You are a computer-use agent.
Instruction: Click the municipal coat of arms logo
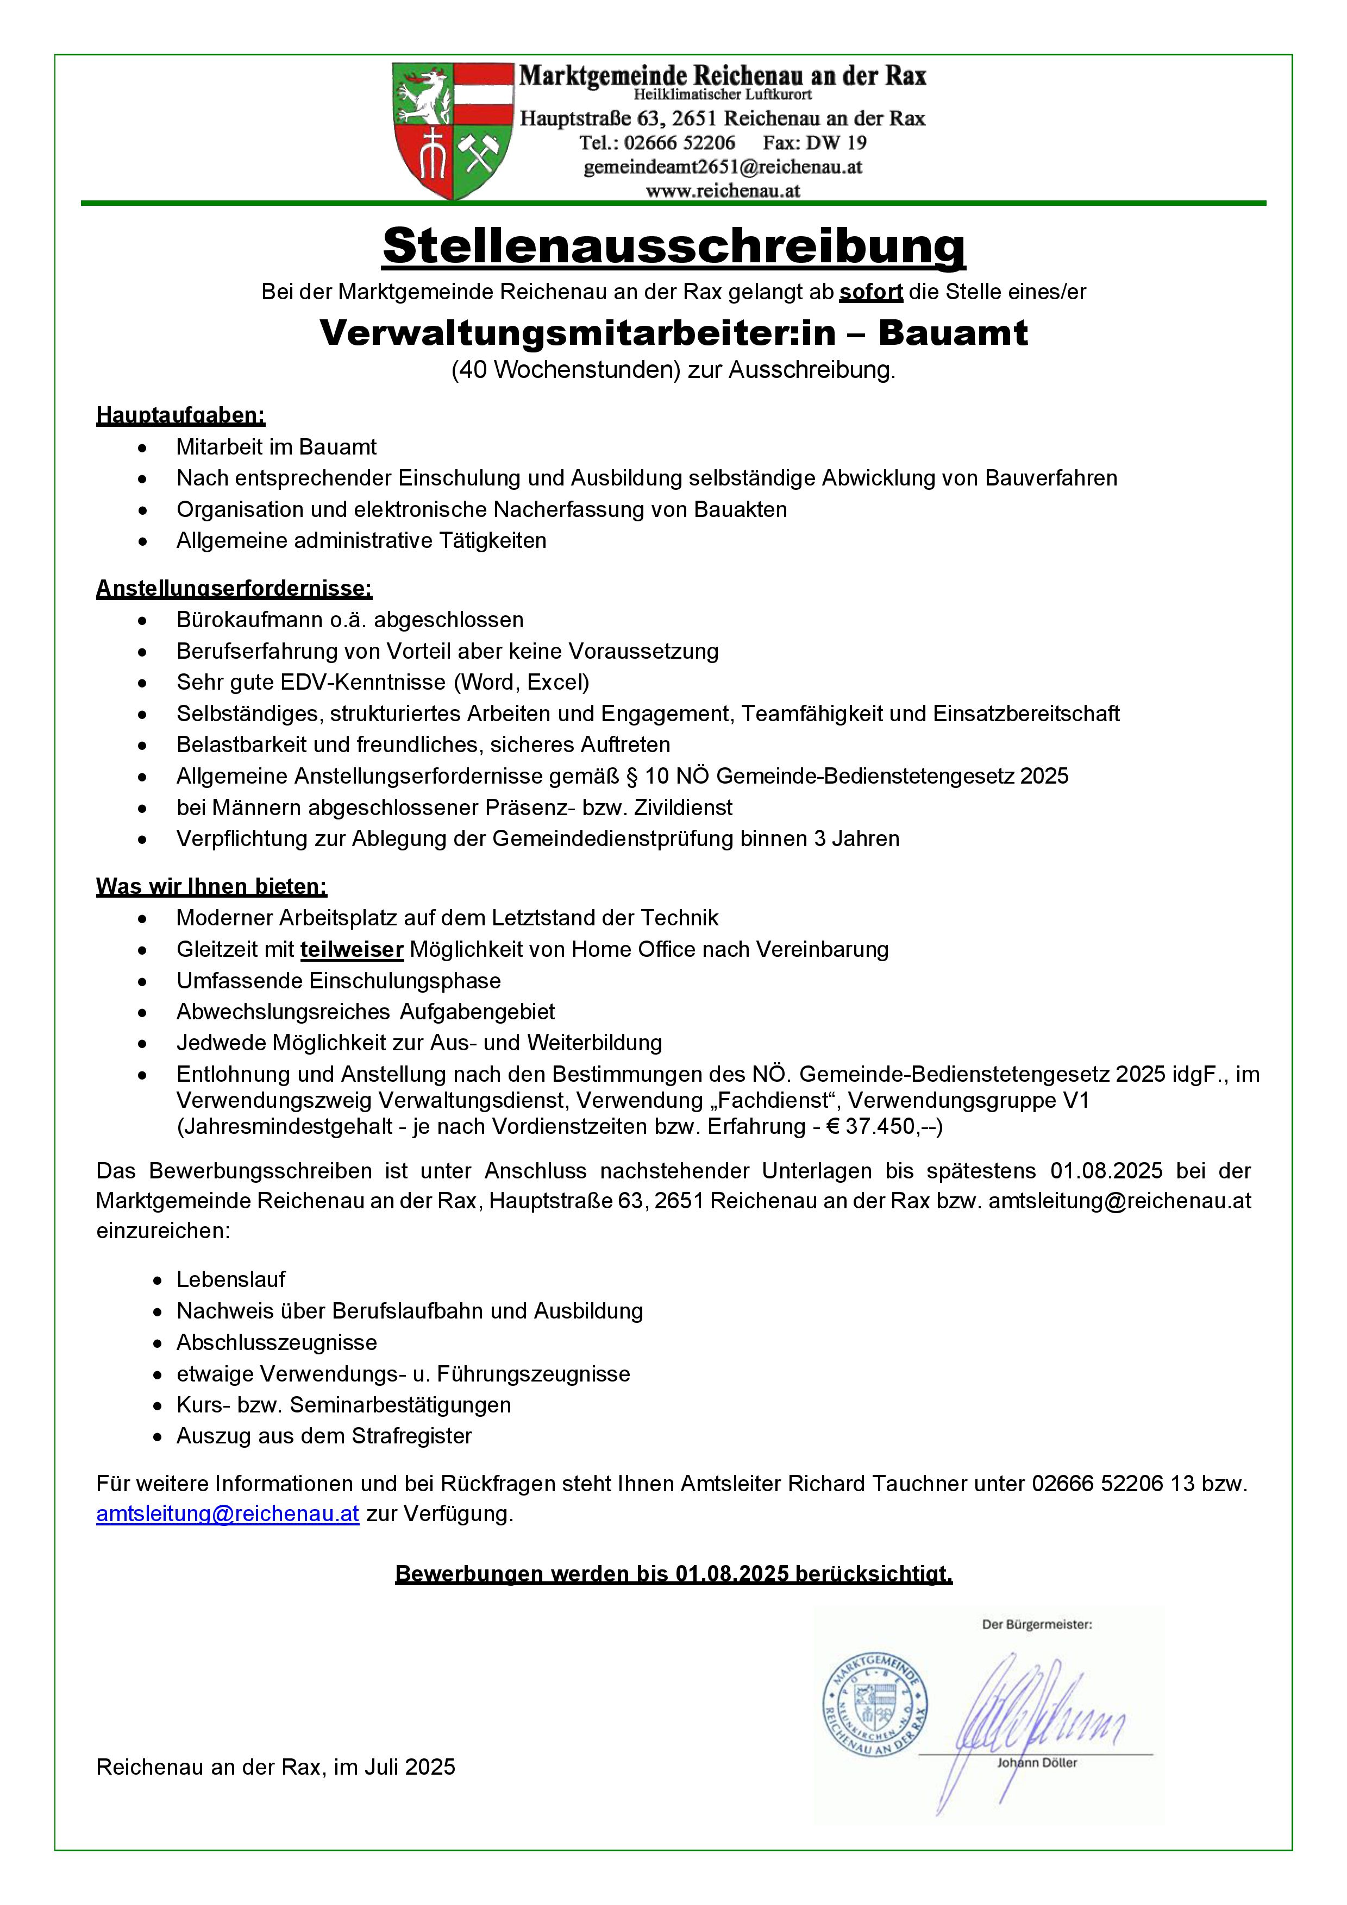point(452,131)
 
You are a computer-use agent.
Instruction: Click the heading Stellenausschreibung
point(673,247)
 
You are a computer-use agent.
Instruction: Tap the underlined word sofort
point(870,292)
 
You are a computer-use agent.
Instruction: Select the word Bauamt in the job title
point(953,333)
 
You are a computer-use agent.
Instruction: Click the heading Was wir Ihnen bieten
point(211,886)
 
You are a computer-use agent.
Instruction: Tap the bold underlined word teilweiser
point(352,949)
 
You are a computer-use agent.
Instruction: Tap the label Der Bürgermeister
point(1037,1625)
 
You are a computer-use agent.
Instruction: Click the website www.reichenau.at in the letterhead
point(722,190)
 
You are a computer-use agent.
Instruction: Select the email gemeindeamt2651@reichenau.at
point(722,167)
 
